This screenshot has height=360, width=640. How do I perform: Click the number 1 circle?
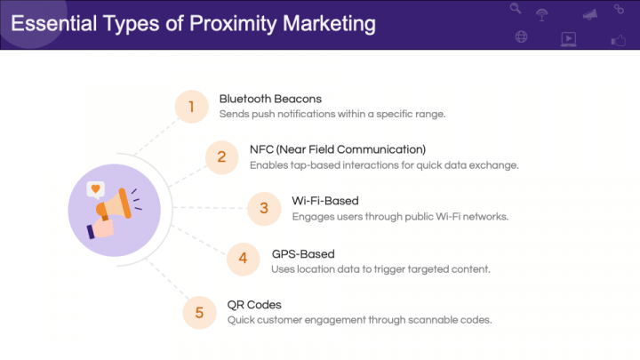(190, 107)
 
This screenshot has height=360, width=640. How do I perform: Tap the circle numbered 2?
(220, 156)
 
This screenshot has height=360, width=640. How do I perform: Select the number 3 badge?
(263, 208)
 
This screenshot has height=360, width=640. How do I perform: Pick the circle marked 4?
(243, 260)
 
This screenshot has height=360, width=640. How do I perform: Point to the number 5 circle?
(199, 311)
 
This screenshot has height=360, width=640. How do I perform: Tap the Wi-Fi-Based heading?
(325, 200)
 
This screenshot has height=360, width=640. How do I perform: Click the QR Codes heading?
(254, 304)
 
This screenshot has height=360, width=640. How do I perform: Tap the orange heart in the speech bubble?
(95, 188)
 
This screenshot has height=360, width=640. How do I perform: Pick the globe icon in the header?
(521, 37)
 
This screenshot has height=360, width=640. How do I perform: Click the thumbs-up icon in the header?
(619, 40)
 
